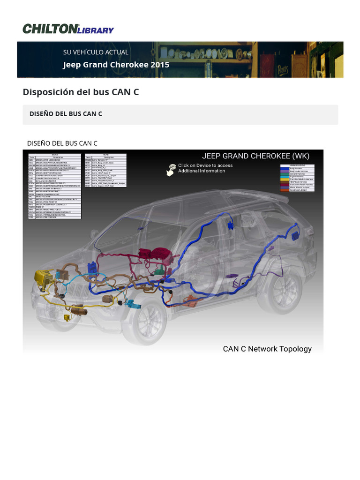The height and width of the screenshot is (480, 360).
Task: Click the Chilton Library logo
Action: click(68, 29)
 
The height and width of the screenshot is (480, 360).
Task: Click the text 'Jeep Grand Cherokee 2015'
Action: click(116, 65)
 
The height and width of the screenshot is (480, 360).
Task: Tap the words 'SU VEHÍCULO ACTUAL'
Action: click(96, 52)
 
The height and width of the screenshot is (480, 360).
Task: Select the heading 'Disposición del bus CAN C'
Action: click(81, 92)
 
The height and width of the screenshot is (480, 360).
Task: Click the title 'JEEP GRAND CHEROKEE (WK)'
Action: click(255, 156)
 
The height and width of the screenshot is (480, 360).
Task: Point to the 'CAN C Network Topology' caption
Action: click(267, 349)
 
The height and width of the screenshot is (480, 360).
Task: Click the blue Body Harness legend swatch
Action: click(285, 169)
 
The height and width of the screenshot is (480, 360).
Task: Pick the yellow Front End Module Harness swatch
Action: click(285, 179)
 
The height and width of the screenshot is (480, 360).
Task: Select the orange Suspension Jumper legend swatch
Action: click(285, 190)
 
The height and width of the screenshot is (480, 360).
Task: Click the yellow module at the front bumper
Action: click(43, 281)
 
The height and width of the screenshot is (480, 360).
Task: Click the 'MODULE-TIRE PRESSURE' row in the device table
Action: click(55, 217)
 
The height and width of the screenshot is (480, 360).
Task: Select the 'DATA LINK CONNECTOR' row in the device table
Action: click(55, 180)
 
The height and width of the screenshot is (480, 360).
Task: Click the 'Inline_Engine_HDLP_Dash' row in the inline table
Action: click(105, 186)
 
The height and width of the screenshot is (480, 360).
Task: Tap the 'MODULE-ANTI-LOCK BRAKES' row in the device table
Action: click(55, 160)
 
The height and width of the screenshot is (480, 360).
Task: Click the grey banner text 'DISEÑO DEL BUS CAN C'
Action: click(66, 114)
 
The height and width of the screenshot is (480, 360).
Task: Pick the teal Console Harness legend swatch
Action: click(285, 174)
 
